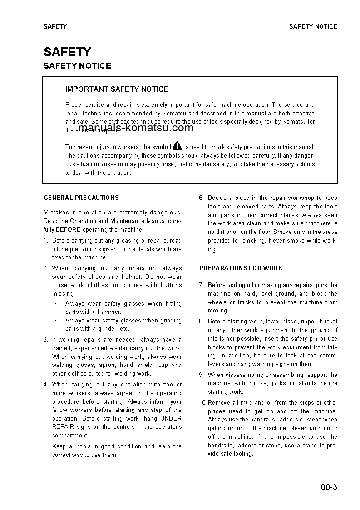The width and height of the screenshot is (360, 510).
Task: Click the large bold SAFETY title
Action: coord(67,52)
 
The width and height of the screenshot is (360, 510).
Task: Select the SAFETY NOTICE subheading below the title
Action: coord(77,66)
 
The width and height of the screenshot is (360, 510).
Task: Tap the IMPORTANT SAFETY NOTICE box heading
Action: coord(117,89)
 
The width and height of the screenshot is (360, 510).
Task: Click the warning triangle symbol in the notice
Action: coord(177,146)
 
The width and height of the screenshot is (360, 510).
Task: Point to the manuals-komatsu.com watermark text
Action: coord(136,128)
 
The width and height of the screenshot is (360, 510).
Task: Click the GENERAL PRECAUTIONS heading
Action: coord(81,198)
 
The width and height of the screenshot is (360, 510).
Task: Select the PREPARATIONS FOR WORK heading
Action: coord(241,268)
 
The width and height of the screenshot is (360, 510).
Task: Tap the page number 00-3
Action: coord(329,488)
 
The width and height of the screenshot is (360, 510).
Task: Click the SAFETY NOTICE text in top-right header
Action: coord(313,26)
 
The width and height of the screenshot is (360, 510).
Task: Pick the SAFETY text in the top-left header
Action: coord(55,26)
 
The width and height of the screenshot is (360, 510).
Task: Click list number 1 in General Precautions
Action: coord(45,241)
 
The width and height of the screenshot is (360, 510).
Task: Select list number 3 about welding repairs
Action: coord(45,340)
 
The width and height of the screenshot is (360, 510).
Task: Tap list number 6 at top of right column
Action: coord(201,198)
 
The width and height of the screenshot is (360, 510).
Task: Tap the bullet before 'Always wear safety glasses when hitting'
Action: coord(55,304)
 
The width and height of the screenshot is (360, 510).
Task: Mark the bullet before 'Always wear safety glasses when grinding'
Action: coord(55,321)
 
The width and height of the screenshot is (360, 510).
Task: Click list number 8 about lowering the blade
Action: coord(201,322)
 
